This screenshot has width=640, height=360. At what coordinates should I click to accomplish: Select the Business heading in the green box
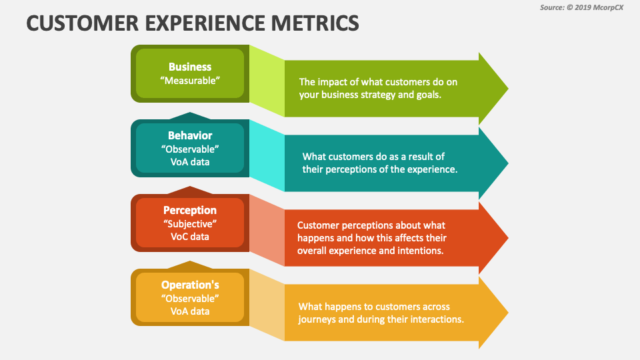point(190,67)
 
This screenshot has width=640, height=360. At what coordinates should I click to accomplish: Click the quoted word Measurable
point(190,80)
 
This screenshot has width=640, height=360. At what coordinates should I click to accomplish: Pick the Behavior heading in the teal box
point(190,135)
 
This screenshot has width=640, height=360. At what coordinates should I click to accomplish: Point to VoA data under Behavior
point(190,161)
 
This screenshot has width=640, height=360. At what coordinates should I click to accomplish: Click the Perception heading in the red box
point(190,210)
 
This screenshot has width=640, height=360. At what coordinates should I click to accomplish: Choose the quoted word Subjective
point(190,223)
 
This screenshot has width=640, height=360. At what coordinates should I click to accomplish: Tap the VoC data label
point(190,236)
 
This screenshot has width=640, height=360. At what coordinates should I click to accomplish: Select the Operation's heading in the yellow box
point(190,285)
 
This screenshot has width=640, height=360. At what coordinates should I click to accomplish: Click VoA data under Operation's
point(190,311)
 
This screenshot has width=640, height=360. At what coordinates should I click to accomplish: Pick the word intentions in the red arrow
point(421,251)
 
